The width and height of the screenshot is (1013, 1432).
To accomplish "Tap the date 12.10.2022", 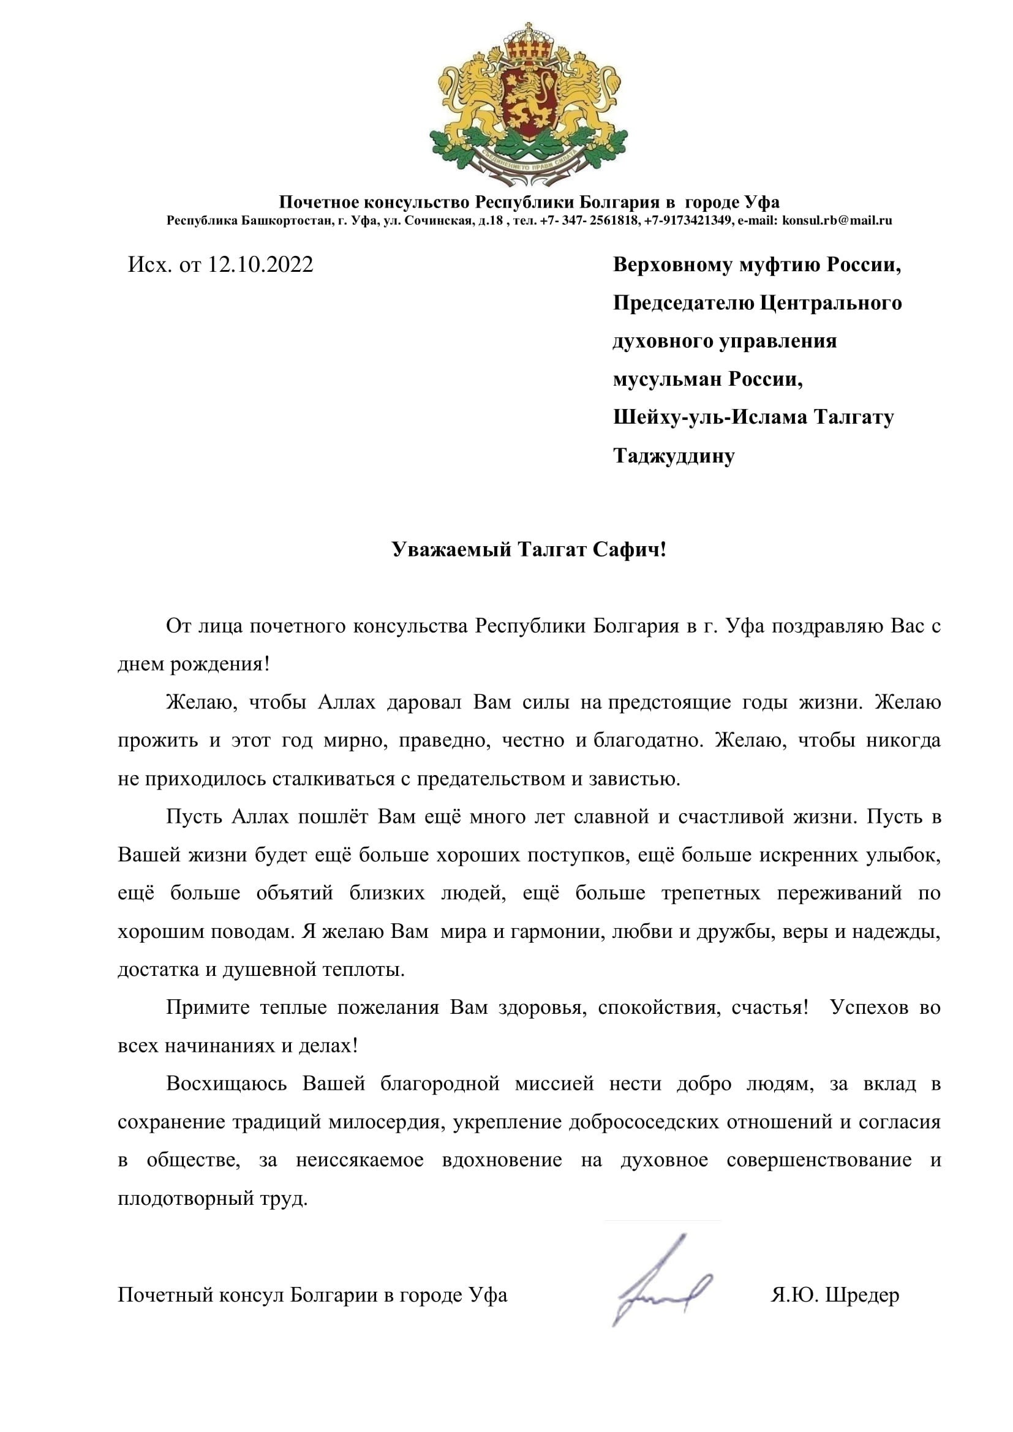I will coord(260,264).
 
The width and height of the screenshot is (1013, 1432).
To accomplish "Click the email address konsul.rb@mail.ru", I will coord(837,220).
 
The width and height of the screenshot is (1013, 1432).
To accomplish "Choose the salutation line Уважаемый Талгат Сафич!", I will coord(529,549).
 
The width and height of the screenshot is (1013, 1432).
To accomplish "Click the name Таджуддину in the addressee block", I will coord(674,456).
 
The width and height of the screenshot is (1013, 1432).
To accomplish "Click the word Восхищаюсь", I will coord(227,1084).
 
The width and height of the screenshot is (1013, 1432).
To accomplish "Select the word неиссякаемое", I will coord(360,1160).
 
